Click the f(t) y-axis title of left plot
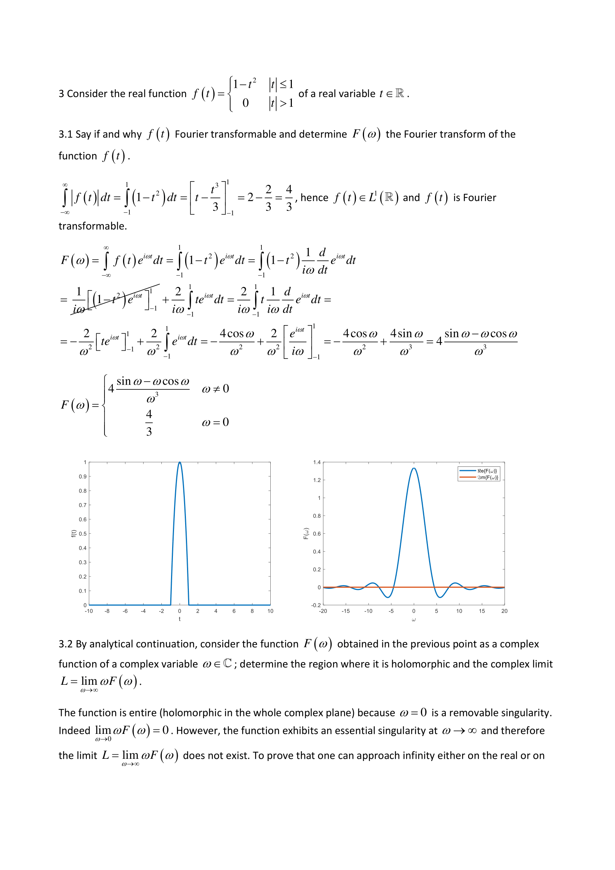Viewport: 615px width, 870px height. [x=74, y=533]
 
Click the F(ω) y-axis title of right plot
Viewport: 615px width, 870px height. [x=306, y=533]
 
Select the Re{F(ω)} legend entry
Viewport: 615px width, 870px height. [x=487, y=471]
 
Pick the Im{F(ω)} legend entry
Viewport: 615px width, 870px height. [x=487, y=478]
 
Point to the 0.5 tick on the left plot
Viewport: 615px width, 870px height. [x=83, y=533]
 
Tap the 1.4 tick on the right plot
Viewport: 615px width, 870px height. [x=316, y=462]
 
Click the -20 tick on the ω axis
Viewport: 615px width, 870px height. [x=323, y=611]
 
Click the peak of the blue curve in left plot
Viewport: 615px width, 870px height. [x=180, y=463]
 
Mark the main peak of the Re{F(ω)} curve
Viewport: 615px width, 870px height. [x=414, y=468]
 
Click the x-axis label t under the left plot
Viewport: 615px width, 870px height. [x=180, y=619]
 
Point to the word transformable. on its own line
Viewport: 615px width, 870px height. [x=93, y=226]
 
